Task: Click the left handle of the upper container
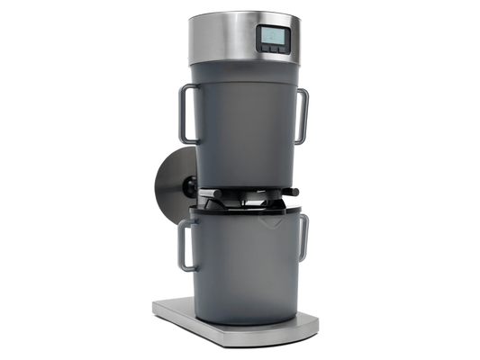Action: pos(185,113)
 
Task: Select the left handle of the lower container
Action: pos(185,245)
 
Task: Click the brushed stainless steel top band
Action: pos(221,36)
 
